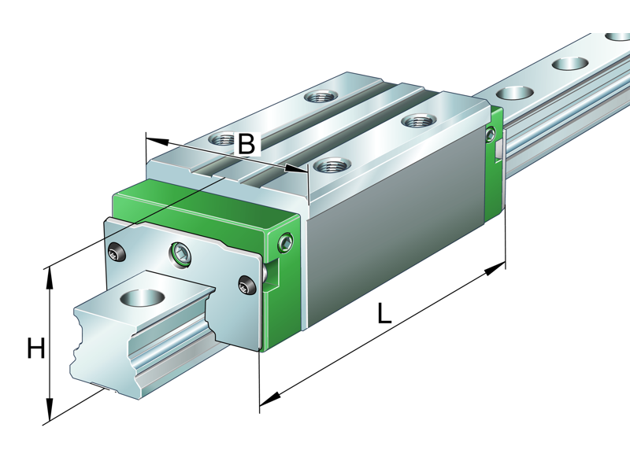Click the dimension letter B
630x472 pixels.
(x=246, y=144)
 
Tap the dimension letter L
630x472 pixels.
(x=384, y=313)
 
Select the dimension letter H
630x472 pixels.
(x=35, y=348)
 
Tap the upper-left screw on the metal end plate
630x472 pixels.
(x=117, y=253)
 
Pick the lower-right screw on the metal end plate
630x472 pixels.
(x=246, y=285)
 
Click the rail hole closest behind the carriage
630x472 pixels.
(x=515, y=92)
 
